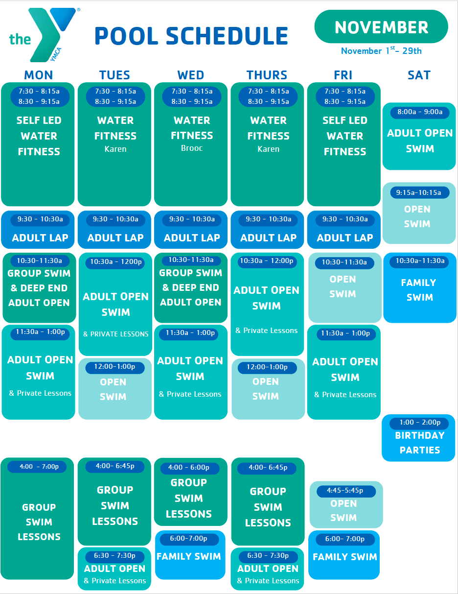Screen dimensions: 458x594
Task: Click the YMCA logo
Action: point(44,35)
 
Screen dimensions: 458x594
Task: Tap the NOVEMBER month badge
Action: point(381,27)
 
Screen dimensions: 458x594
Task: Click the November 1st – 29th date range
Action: point(381,50)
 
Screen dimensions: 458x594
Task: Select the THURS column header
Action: point(267,75)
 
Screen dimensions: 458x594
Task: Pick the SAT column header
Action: point(419,75)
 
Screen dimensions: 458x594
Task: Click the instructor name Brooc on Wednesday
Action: point(192,148)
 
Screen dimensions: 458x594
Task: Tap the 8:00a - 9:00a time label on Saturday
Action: point(420,112)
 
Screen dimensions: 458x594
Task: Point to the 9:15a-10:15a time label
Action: point(419,192)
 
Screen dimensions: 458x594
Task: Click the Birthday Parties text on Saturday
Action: point(420,443)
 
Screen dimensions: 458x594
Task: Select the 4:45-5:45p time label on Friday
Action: point(345,490)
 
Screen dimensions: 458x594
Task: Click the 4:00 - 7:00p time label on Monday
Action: point(39,466)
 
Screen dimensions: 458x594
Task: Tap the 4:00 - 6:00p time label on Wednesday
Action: point(189,467)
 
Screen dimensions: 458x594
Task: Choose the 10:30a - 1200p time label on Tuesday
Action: point(116,261)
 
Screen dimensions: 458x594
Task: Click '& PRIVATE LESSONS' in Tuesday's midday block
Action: point(116,334)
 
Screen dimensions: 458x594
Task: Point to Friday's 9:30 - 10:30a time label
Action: point(345,219)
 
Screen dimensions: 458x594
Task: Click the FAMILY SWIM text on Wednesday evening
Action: point(189,556)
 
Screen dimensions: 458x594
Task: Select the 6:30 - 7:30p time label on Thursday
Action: point(268,555)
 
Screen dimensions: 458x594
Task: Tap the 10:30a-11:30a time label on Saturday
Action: point(420,261)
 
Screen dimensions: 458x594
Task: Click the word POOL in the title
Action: point(126,36)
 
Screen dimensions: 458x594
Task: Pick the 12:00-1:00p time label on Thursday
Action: point(267,367)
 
